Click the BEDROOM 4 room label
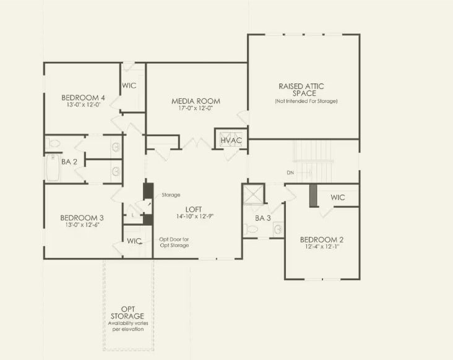(x=83, y=98)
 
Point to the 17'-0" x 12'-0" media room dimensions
(x=196, y=109)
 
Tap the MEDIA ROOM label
(x=196, y=101)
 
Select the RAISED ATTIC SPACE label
(x=301, y=90)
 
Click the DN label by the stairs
(x=290, y=173)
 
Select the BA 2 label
(x=69, y=162)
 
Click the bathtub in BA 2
(x=51, y=168)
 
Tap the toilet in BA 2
(x=54, y=144)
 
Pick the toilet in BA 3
(x=252, y=229)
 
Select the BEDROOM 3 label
(x=82, y=218)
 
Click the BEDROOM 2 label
(x=321, y=239)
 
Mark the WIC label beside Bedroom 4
(x=129, y=86)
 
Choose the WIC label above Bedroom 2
(x=338, y=197)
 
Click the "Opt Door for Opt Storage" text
(x=174, y=242)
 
